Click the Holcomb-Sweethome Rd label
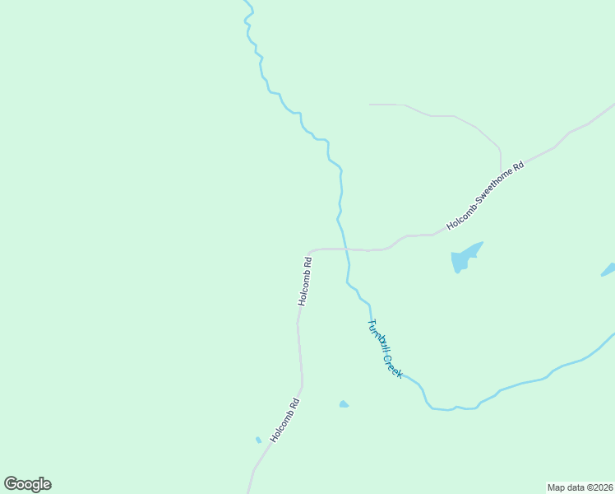click(485, 196)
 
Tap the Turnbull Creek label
click(385, 348)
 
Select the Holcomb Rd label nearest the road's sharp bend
click(305, 281)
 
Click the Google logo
click(27, 484)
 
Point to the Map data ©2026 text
click(580, 487)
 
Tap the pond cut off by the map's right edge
click(609, 269)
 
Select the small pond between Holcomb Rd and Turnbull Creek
click(344, 404)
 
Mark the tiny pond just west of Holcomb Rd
click(258, 440)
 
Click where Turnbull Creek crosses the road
click(346, 249)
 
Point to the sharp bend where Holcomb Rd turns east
click(309, 252)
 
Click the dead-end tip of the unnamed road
click(370, 105)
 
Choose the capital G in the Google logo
click(12, 484)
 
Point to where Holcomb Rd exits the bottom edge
click(248, 492)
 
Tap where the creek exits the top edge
click(246, 2)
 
